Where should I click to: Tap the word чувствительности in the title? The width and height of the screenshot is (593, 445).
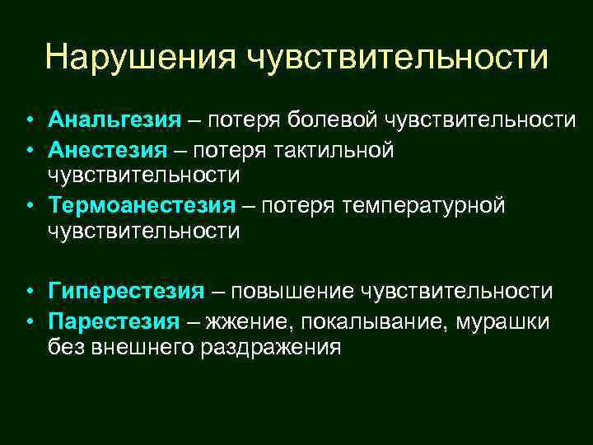[x=396, y=58]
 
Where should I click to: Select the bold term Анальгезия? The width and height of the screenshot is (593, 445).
[x=114, y=121]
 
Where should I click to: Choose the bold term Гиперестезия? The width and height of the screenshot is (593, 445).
[x=126, y=291]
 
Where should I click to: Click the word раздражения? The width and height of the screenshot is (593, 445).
[x=269, y=347]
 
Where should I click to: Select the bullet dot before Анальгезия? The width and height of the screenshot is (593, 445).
[x=28, y=122]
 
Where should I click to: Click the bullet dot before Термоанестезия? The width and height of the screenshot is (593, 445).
[x=28, y=205]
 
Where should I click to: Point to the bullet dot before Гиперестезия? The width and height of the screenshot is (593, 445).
[x=28, y=292]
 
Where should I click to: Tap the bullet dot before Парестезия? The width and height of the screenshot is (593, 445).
[x=28, y=321]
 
